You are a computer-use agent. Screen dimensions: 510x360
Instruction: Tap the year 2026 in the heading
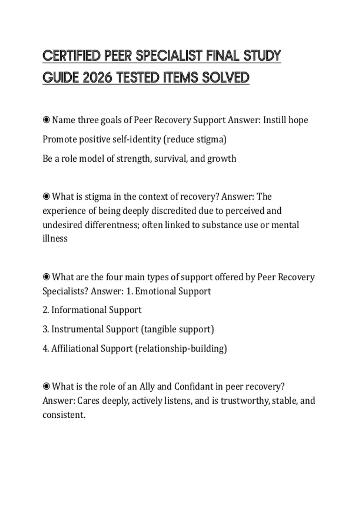point(97,78)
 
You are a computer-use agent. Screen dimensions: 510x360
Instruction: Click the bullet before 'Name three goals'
point(46,120)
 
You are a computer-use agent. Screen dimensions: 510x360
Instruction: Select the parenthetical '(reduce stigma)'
point(195,139)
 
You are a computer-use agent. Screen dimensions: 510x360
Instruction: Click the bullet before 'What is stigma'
point(46,196)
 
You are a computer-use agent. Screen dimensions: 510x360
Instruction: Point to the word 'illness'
point(55,238)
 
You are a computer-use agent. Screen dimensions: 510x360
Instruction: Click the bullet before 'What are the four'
point(46,277)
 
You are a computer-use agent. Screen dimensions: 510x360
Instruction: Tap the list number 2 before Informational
point(45,310)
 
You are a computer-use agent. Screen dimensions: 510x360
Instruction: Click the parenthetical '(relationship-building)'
point(181,349)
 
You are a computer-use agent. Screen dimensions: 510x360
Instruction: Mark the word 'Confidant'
point(193,386)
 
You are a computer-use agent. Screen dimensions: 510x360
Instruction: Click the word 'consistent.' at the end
point(64,415)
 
